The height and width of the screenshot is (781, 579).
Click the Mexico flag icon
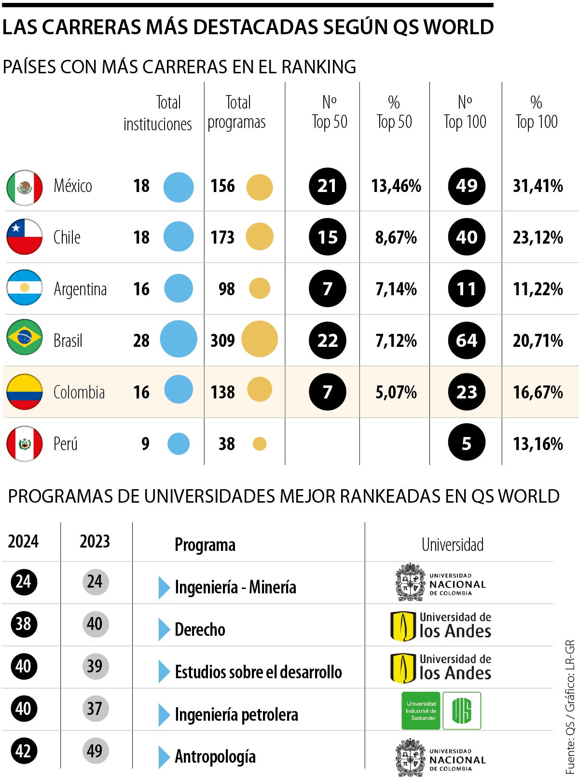pos(25,187)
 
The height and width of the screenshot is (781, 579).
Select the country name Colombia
pos(79,392)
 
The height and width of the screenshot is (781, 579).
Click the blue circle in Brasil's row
pos(178,339)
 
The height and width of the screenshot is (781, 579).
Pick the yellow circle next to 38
pos(260,444)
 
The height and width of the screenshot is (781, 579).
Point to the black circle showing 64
pos(467,341)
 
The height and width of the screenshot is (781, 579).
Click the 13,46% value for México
pos(396,186)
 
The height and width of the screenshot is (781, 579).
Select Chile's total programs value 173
pos(222,237)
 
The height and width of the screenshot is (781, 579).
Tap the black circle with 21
pos(327,186)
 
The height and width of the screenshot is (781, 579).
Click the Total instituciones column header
pos(158,113)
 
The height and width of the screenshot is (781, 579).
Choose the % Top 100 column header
pos(537,112)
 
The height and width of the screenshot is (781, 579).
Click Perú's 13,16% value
pos(538,444)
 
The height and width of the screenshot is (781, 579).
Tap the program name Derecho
pos(200,630)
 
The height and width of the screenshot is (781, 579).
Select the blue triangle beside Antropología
pos(164,757)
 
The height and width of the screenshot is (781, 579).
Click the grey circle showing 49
pos(95,751)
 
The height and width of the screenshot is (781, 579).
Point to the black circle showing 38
pos(23,624)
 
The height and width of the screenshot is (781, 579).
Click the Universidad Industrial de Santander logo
pos(441,711)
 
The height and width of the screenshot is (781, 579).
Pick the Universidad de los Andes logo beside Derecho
pos(441,626)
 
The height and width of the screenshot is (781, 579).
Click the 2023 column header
pos(95,541)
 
